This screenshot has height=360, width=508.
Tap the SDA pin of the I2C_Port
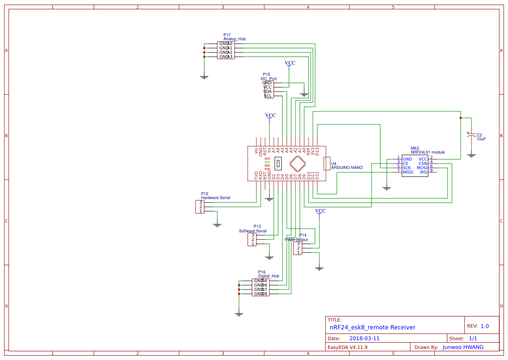click(267, 91)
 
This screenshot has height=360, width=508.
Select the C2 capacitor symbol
click(471, 136)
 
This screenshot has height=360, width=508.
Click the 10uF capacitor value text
click(481, 140)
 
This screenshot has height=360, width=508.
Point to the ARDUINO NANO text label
click(347, 167)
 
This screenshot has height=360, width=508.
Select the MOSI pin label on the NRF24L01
click(422, 168)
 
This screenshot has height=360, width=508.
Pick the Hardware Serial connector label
click(215, 198)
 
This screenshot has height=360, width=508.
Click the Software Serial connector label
click(252, 231)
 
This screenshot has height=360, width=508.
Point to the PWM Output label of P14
click(296, 240)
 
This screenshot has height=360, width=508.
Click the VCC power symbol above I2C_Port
click(290, 63)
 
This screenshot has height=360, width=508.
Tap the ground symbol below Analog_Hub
click(204, 77)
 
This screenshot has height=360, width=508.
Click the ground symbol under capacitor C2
click(471, 155)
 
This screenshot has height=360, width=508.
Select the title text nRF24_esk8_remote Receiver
click(372, 327)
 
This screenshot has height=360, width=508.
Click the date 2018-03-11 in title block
click(364, 338)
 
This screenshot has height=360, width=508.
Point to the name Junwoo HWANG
click(463, 347)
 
